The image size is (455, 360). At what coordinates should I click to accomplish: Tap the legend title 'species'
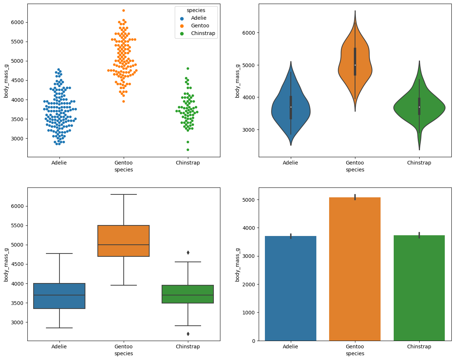[196, 11]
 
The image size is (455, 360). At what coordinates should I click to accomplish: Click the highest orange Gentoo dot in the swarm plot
[124, 11]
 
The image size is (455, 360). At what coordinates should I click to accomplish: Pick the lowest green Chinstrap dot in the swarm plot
[188, 150]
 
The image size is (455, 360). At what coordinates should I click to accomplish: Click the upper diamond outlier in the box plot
[188, 252]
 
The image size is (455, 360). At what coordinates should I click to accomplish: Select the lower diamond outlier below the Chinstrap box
[188, 334]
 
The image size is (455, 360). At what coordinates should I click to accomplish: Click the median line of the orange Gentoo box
[124, 245]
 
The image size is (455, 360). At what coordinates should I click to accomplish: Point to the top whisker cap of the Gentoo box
[124, 194]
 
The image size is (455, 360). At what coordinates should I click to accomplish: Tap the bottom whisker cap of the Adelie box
[59, 328]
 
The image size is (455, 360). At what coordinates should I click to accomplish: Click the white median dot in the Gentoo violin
[355, 65]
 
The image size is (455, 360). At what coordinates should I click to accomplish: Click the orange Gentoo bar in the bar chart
[355, 270]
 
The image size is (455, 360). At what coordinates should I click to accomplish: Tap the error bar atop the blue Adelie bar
[291, 236]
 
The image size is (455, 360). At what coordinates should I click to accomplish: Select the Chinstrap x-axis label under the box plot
[188, 347]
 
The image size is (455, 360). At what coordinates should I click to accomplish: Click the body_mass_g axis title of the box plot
[6, 264]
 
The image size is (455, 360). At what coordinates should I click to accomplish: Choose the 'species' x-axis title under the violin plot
[355, 170]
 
